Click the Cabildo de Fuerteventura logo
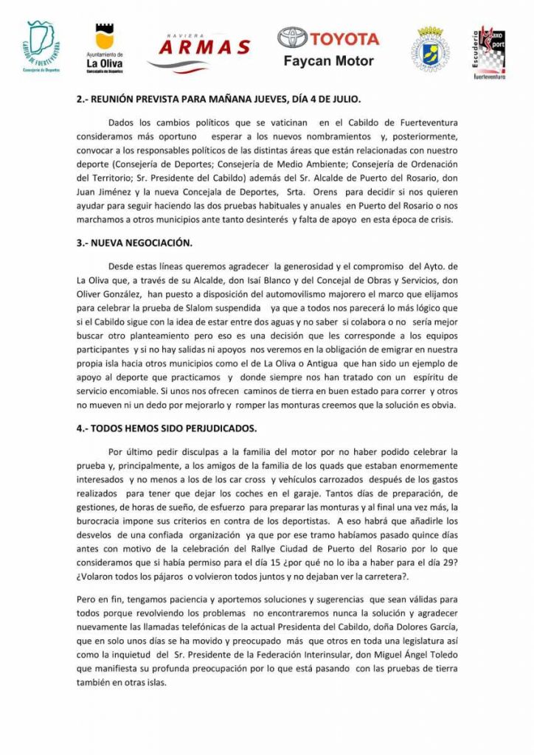point(41,48)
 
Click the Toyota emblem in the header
point(291,39)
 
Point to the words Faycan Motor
point(328,61)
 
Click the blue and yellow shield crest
point(429,49)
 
